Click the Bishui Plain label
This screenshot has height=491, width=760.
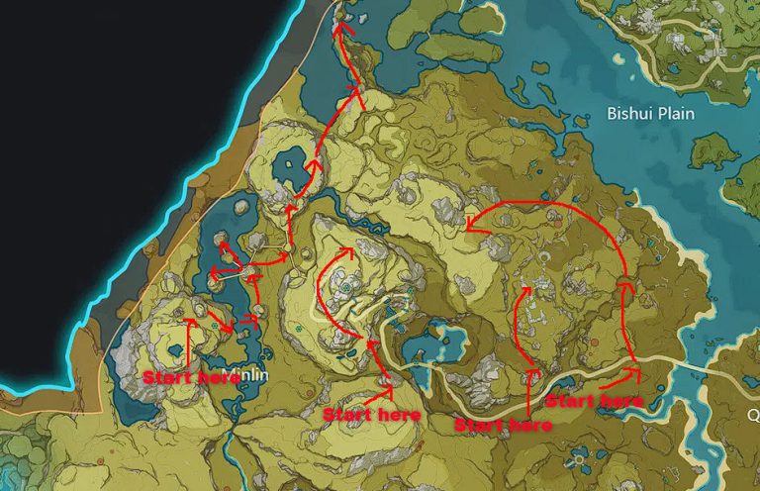coord(649,114)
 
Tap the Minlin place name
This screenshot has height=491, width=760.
coord(244,374)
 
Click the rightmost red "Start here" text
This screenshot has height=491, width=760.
coord(595,401)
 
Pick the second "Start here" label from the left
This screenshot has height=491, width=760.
coord(372,414)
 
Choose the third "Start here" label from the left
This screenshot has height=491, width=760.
coord(503,425)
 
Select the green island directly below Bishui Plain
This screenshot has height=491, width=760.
coord(716,149)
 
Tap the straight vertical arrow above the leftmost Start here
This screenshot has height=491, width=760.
coord(188,342)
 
